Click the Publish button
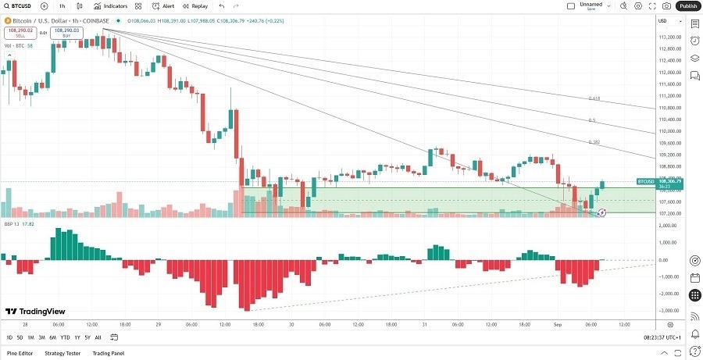(x=687, y=5)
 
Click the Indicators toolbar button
(x=110, y=5)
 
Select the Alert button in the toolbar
(x=163, y=5)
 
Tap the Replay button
(x=195, y=5)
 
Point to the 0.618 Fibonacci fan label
(x=594, y=99)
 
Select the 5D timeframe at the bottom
(x=20, y=337)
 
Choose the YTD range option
(x=65, y=337)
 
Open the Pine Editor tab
(x=20, y=353)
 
